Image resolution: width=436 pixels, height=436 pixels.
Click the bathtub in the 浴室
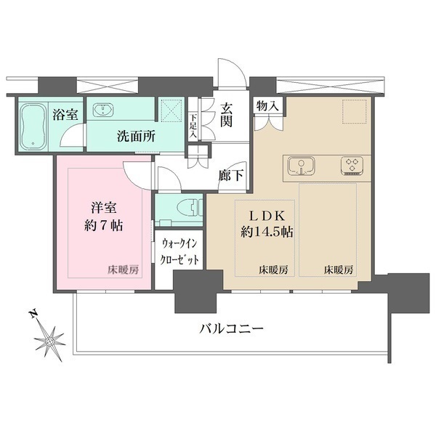[33, 128]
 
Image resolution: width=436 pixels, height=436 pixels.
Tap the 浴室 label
[65, 113]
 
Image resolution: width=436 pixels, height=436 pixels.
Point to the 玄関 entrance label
[227, 113]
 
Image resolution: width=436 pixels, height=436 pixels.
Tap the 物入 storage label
[266, 106]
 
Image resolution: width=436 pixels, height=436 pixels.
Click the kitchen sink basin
[298, 166]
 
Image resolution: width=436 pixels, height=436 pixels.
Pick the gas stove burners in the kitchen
[351, 166]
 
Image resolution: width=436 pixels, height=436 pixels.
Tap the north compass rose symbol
[50, 339]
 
